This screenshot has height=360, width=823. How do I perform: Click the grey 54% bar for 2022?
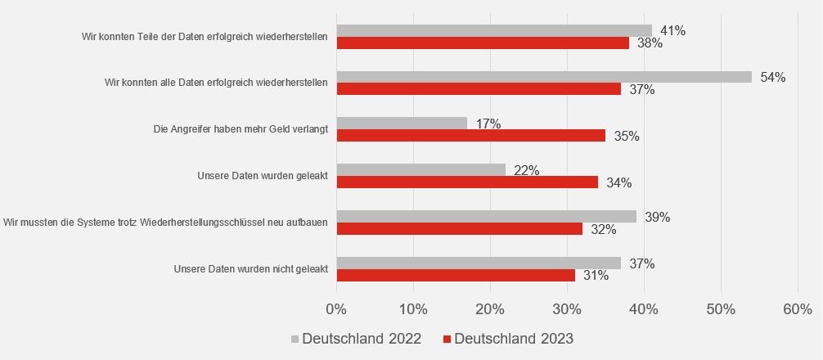tap(544, 77)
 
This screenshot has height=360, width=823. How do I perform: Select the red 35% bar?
tap(470, 136)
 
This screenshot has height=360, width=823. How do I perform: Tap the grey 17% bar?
tap(402, 124)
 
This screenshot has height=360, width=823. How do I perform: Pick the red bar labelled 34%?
tap(467, 182)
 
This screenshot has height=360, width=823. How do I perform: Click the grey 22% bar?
tap(420, 170)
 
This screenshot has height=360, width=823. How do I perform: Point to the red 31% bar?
tap(456, 276)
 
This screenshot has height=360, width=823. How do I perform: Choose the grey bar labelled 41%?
tap(494, 30)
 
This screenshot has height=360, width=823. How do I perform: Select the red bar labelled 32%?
tap(459, 229)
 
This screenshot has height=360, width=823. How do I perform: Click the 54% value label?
tap(772, 77)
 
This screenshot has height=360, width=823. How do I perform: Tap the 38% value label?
tap(650, 43)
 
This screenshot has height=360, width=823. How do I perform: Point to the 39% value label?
tap(657, 217)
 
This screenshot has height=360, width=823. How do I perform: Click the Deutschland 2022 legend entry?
tap(356, 339)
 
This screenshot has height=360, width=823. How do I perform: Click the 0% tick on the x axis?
tap(336, 309)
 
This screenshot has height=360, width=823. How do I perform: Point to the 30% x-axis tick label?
tap(567, 309)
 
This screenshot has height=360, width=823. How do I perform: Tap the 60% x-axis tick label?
tap(798, 309)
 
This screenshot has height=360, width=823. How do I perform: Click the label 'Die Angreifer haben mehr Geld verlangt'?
tap(241, 129)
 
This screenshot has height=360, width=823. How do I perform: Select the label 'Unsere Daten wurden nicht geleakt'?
tap(251, 269)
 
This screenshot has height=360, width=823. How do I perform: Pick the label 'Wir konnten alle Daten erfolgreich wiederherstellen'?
tap(217, 83)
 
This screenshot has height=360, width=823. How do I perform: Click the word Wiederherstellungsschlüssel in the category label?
tap(205, 223)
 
